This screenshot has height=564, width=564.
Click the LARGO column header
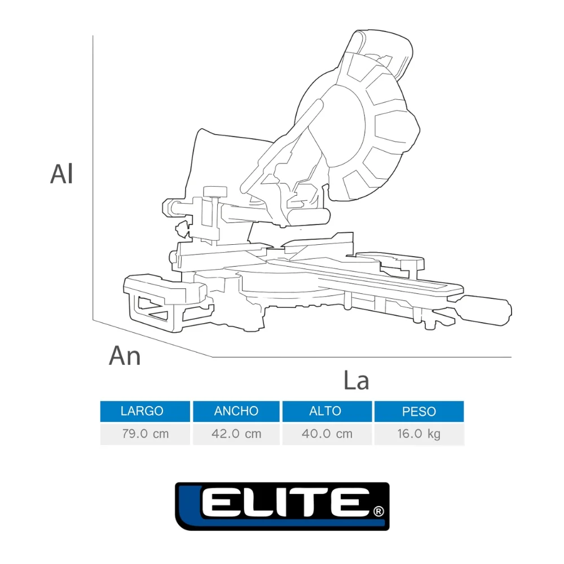145,411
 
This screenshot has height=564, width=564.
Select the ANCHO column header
236,411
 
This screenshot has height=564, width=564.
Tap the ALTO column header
327,411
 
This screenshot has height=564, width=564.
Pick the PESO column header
419,411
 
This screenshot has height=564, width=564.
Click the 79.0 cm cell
145,434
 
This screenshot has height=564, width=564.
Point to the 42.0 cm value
236,434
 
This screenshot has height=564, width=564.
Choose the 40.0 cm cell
327,434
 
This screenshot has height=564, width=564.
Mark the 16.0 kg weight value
419,434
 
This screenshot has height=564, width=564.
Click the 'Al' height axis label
61,174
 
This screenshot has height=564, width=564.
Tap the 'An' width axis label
125,355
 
